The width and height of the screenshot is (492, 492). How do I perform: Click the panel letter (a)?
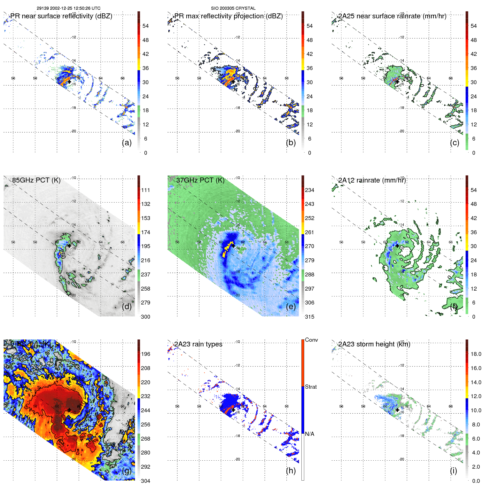[x=127, y=143]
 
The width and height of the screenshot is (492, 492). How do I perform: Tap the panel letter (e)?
[x=291, y=306]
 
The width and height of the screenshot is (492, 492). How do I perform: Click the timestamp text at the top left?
[x=69, y=8]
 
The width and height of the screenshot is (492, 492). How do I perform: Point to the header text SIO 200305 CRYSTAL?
[x=233, y=8]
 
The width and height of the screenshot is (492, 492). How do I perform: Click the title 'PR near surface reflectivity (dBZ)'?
[x=61, y=16]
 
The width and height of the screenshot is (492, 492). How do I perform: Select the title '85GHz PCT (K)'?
[x=36, y=180]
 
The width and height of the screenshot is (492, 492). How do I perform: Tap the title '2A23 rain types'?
[x=198, y=344]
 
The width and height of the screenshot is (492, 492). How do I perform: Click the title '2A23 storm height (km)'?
[x=374, y=344]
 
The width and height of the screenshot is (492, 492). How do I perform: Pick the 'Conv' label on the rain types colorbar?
[x=311, y=340]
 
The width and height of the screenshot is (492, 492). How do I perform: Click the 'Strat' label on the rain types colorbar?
[x=311, y=387]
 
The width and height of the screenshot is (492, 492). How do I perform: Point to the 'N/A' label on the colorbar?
[x=309, y=434]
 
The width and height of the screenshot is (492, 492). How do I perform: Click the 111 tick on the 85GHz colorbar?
[x=146, y=190]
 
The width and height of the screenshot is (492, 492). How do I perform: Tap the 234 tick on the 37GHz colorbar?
[x=309, y=190]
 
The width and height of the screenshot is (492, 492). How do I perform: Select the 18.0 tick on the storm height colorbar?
[x=476, y=354]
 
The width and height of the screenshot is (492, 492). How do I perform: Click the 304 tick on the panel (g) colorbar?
[x=146, y=481]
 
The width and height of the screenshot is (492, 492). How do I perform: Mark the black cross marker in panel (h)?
[x=233, y=410]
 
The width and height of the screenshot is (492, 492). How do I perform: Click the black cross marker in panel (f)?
[x=397, y=246]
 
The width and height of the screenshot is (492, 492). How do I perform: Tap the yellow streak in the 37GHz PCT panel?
[x=228, y=249]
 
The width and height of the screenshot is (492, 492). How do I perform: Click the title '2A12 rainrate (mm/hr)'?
[x=372, y=180]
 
